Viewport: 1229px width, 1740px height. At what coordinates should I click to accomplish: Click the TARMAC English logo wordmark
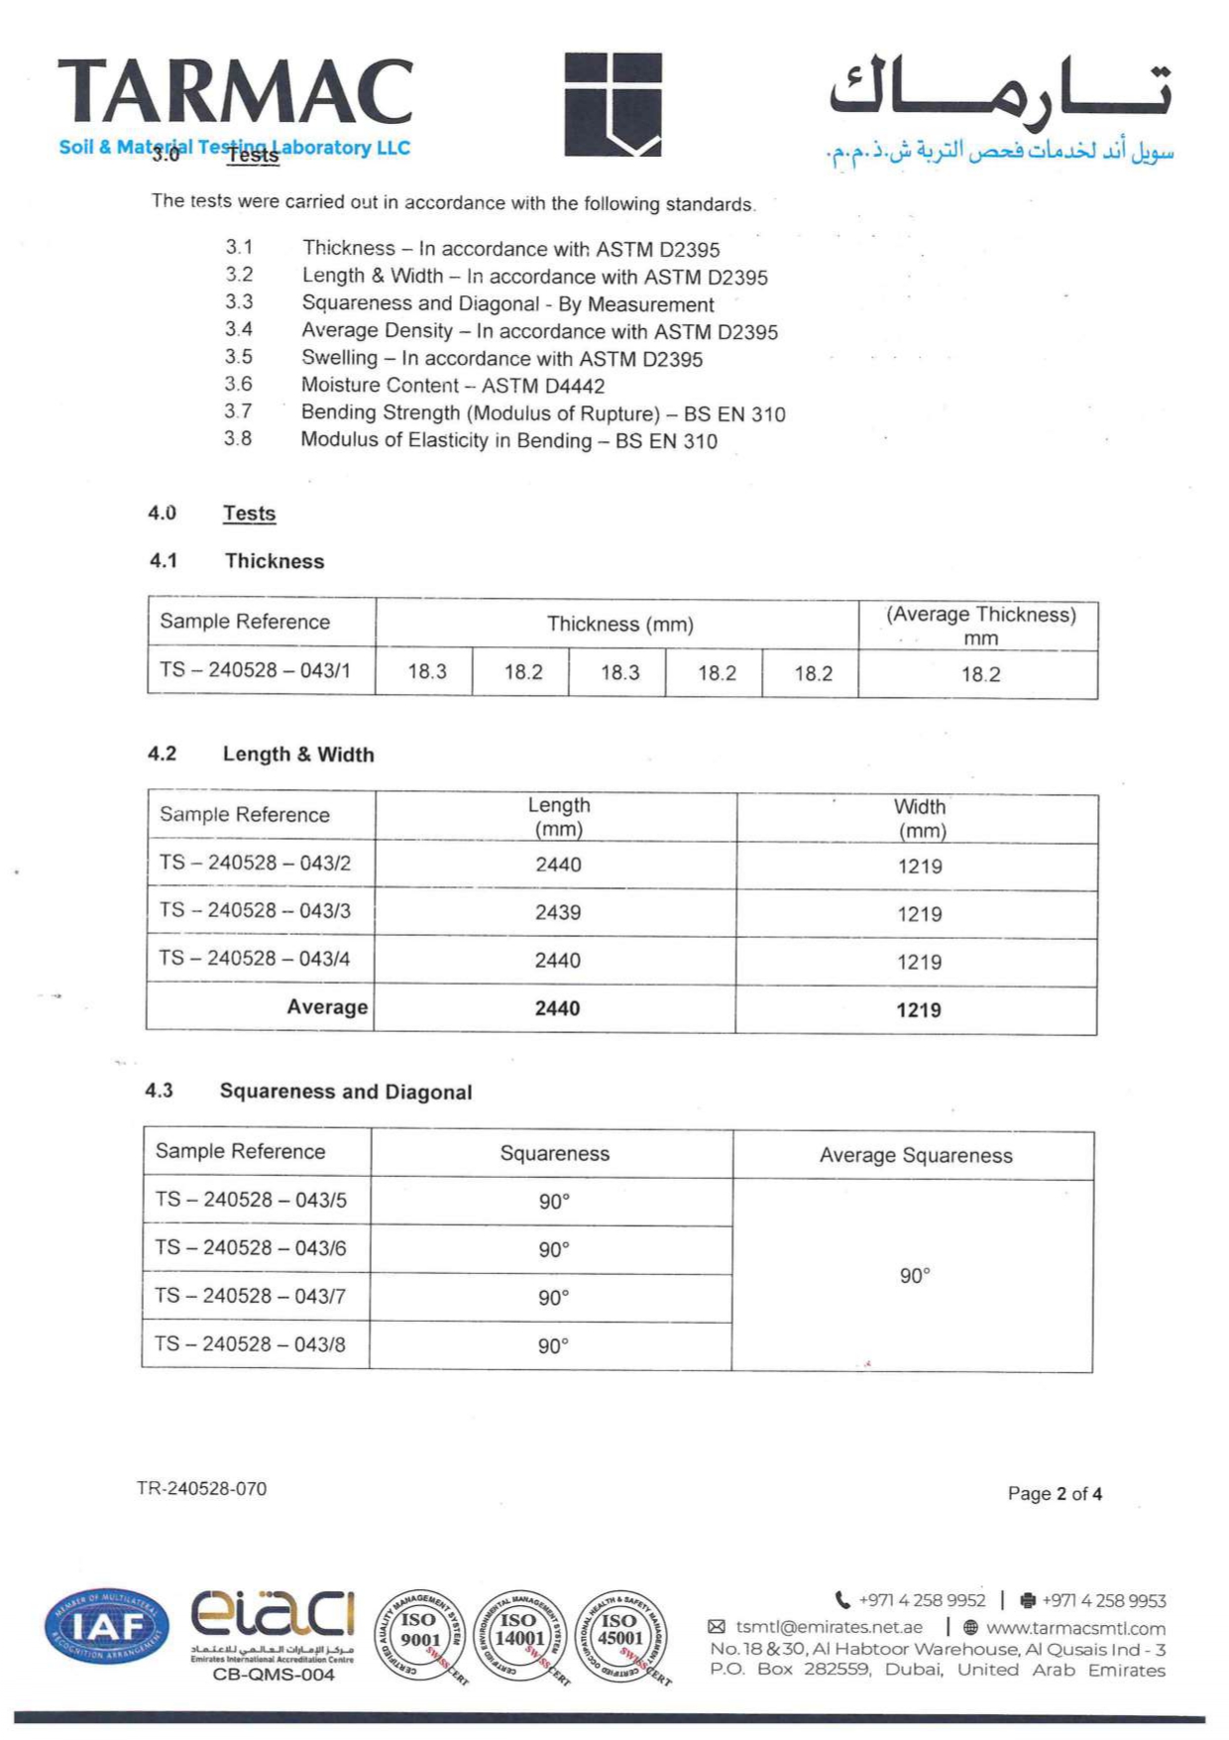(235, 93)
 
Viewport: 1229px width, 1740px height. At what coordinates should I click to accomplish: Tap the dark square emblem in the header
(613, 104)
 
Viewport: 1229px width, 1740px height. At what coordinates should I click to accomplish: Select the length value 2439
(558, 912)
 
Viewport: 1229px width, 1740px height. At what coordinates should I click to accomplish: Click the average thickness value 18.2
(980, 674)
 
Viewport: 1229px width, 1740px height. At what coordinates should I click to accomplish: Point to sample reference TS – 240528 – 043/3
(255, 910)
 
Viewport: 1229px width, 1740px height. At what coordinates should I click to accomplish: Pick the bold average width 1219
(919, 1010)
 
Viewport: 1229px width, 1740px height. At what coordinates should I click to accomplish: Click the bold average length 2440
(557, 1008)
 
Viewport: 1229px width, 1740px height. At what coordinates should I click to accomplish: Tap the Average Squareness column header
(915, 1155)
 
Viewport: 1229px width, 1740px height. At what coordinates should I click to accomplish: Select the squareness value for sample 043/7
(553, 1298)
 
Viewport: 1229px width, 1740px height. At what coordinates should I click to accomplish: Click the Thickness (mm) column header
(619, 624)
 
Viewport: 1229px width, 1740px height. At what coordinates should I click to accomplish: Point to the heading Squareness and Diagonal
(345, 1092)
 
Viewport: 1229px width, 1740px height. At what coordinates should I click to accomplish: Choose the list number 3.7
(238, 411)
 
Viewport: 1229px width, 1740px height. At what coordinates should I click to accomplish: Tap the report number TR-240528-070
(201, 1488)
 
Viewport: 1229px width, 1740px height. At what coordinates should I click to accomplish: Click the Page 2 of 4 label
(1055, 1493)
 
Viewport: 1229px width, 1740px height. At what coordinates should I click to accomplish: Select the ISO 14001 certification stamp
(519, 1636)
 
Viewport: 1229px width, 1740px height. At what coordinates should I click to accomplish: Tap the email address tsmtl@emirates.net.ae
(829, 1627)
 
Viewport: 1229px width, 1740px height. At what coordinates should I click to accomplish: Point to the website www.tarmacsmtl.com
(1075, 1628)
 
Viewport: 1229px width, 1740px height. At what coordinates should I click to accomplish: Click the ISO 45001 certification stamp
(620, 1636)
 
